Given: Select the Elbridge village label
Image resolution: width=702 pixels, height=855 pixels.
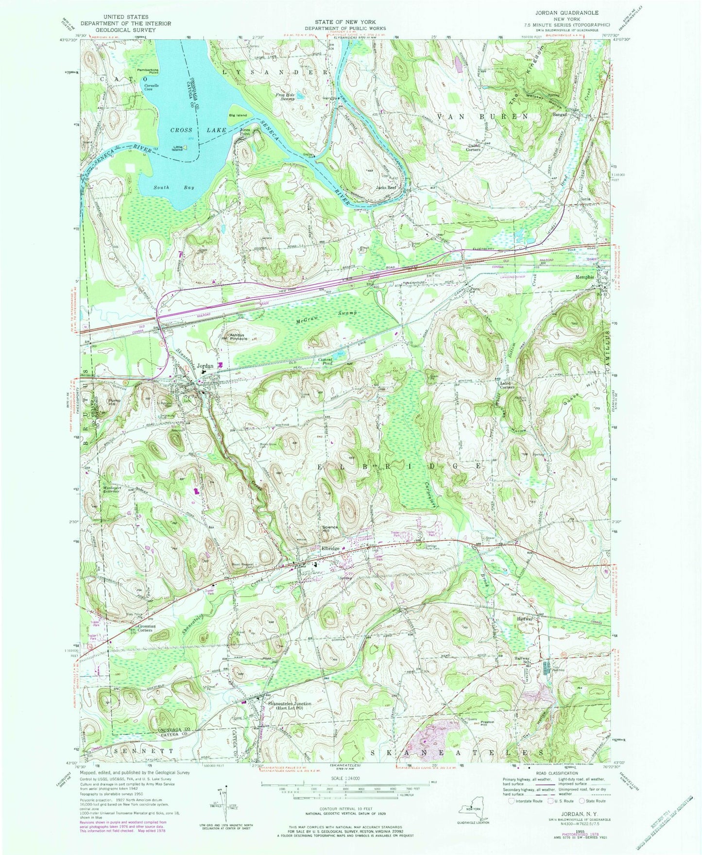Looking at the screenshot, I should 330,548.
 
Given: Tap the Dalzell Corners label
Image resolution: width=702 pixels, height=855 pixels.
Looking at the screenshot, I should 471,148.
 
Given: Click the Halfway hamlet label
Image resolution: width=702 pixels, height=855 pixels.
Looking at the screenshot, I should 525,619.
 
